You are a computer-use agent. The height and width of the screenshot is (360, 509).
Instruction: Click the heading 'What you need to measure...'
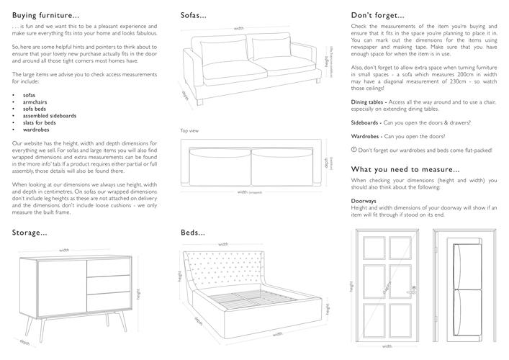click(x=405, y=169)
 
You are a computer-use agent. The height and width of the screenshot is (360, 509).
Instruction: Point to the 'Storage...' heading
click(x=30, y=233)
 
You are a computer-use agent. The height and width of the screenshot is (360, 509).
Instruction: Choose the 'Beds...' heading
click(x=192, y=233)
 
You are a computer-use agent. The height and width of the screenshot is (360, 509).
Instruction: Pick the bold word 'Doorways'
click(x=364, y=200)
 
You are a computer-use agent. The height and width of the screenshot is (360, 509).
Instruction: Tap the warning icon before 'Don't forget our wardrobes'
click(x=353, y=150)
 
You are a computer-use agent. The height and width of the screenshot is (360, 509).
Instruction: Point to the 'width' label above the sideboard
click(x=64, y=249)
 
